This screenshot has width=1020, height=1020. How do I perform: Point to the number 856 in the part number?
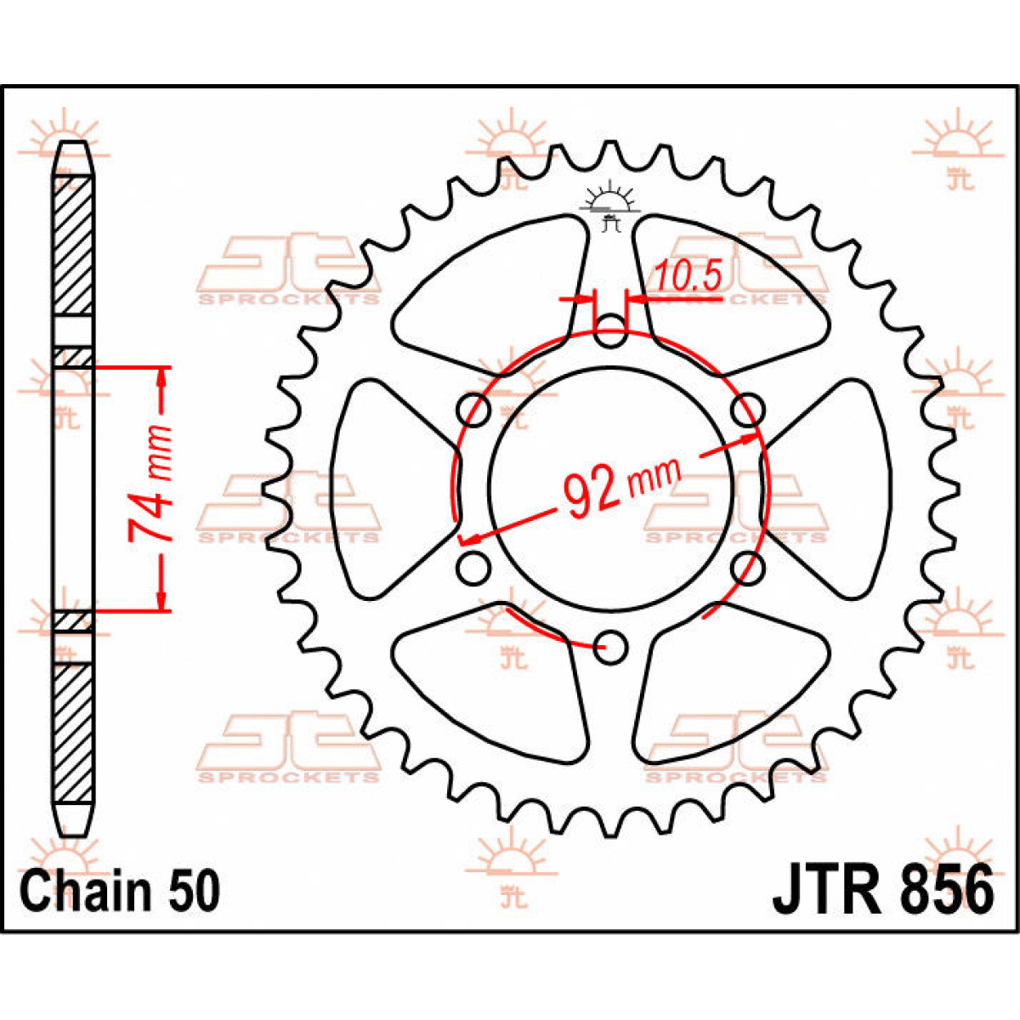tap(943, 890)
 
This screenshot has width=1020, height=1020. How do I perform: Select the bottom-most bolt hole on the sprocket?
tap(610, 646)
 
